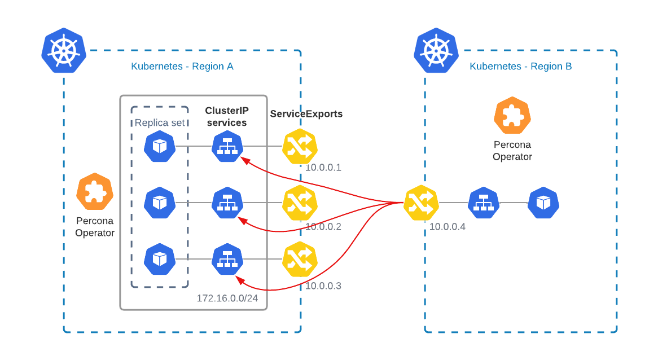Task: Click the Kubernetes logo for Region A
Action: (x=64, y=50)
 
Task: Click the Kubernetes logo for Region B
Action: (x=436, y=50)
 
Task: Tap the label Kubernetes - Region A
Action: (x=182, y=67)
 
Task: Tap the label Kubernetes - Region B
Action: (x=520, y=67)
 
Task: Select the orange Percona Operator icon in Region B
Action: (x=512, y=115)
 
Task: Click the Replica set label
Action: (x=159, y=123)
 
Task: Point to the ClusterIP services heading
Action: (x=226, y=117)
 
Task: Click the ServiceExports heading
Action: (x=306, y=114)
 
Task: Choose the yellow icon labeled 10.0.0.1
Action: (x=300, y=147)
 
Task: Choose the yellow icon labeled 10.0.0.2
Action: (x=300, y=203)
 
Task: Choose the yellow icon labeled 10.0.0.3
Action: (x=300, y=259)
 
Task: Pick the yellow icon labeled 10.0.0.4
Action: (x=421, y=203)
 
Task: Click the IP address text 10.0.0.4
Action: (x=448, y=227)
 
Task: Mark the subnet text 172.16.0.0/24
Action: (x=227, y=298)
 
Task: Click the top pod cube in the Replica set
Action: (x=160, y=147)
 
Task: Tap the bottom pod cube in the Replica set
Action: (x=160, y=259)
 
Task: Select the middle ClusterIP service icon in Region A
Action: (x=227, y=203)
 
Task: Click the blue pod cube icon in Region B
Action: (x=543, y=203)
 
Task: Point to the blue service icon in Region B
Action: (x=484, y=203)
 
